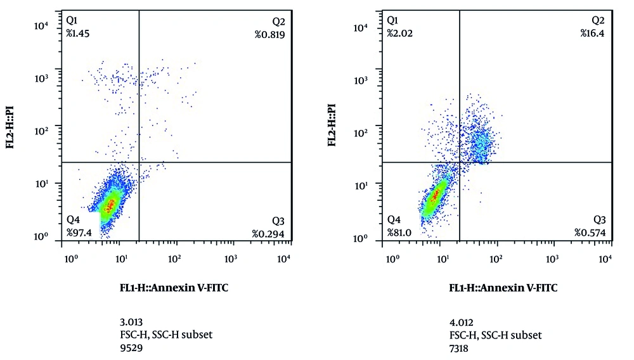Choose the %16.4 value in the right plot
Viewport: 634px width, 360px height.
tap(593, 33)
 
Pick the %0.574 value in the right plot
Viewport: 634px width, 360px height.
tap(590, 233)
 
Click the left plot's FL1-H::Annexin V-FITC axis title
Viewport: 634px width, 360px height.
tap(174, 287)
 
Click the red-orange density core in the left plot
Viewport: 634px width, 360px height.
tap(110, 205)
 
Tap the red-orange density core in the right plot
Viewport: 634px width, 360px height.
tap(434, 196)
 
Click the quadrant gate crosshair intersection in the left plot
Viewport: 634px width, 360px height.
tap(139, 162)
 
